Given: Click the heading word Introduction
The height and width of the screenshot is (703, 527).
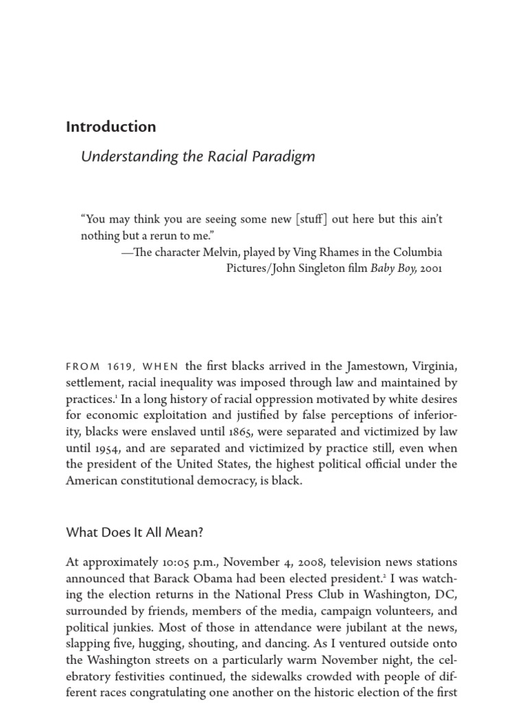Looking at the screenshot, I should tap(110, 127).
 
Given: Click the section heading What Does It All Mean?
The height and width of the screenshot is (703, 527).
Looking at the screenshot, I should tap(134, 532).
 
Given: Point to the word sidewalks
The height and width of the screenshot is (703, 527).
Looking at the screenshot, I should tap(290, 678).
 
